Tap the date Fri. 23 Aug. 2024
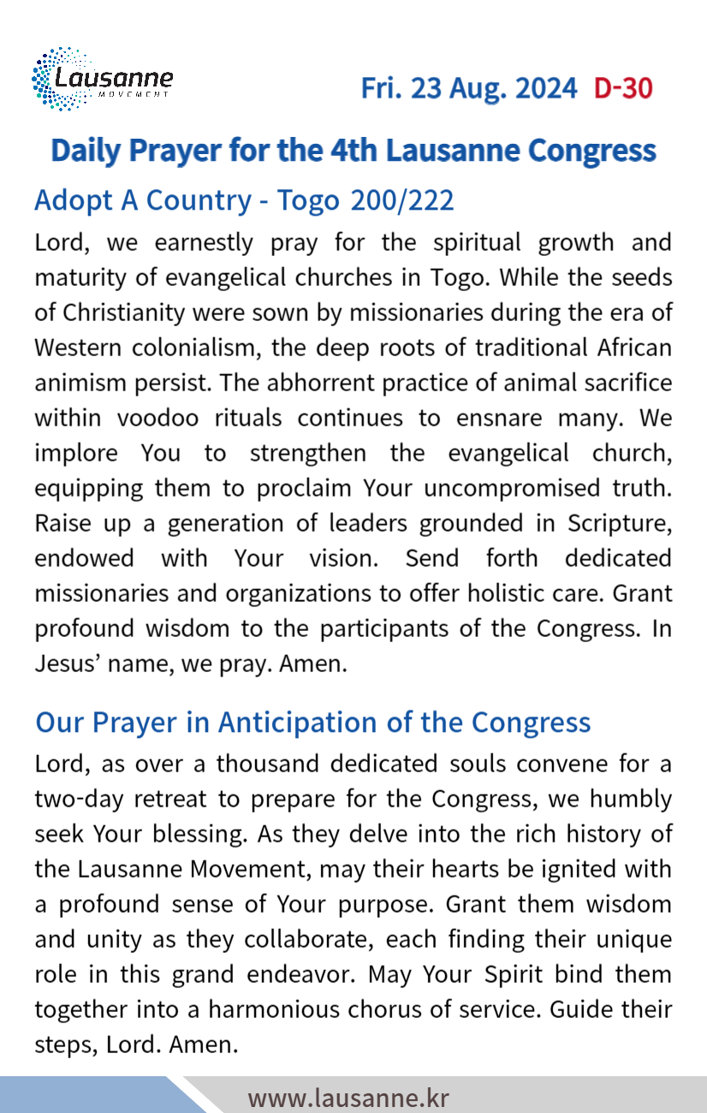[468, 88]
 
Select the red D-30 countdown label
[623, 88]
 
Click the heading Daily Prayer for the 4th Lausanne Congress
[353, 151]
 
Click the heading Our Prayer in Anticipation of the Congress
[312, 722]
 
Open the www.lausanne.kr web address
[348, 1097]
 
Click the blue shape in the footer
[86, 1096]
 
